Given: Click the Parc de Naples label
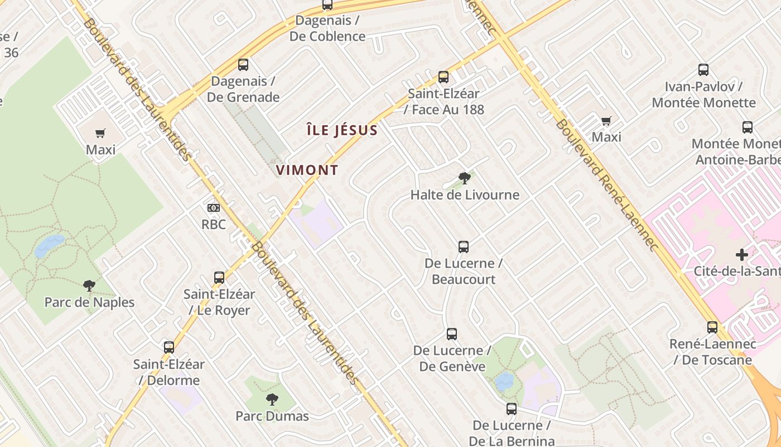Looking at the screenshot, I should pos(89,302).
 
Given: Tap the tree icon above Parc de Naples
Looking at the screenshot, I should pos(89,286).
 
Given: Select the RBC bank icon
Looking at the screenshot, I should pos(213,208).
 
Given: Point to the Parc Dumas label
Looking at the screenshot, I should pos(272,416).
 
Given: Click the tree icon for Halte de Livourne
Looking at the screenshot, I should pos(464,179).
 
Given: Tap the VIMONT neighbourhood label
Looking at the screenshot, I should pos(307,170).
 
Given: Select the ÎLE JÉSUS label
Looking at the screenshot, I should pos(343,131).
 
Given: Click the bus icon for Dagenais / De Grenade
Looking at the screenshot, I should pos(243,65).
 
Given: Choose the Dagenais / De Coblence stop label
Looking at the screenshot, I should pos(327,28).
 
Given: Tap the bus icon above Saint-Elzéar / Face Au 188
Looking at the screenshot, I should pos(443,77).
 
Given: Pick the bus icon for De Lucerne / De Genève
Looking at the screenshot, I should pos(452,334).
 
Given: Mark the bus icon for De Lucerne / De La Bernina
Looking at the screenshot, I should pos(512,409).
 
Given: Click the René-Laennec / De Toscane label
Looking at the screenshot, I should pos(712,352).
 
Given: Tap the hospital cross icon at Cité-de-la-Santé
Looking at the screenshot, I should pos(741,255).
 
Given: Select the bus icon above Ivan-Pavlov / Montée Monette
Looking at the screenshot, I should pos(703,70).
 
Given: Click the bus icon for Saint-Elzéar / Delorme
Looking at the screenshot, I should pos(169,348).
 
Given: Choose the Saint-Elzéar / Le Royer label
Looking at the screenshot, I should pos(219,302).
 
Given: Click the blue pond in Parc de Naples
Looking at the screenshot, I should pos(49,246).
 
